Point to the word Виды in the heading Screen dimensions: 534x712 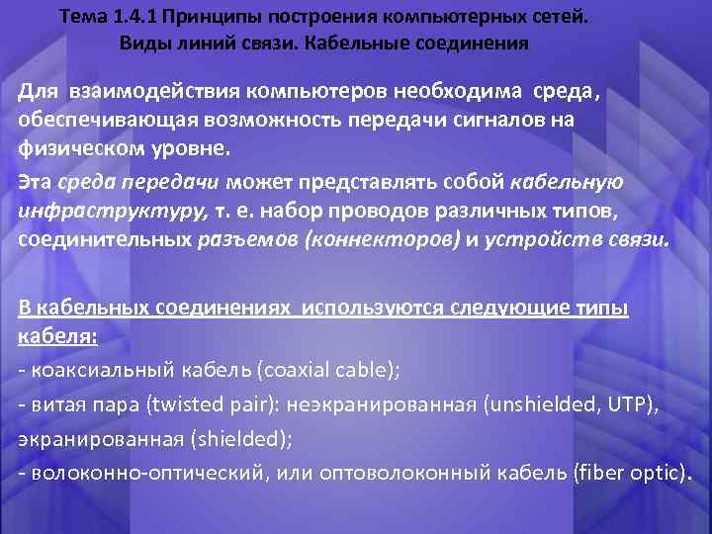143,44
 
